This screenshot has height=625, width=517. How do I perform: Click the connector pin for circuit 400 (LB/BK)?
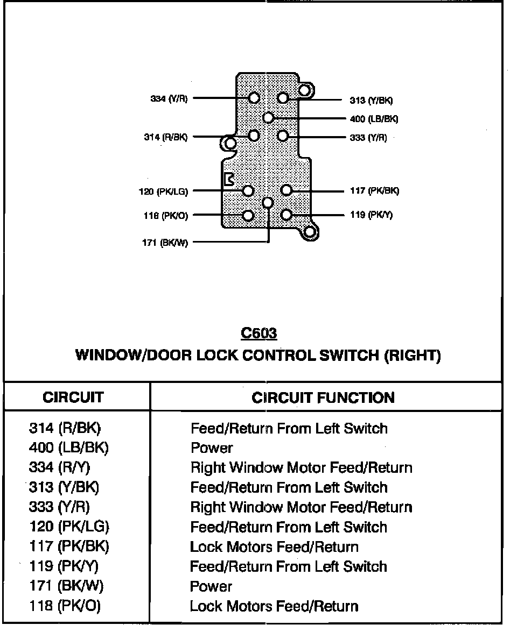(x=268, y=118)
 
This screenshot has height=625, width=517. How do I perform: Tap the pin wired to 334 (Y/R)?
(x=255, y=98)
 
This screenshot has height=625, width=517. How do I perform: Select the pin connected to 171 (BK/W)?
(x=268, y=202)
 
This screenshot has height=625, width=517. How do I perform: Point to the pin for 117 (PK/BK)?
(x=287, y=190)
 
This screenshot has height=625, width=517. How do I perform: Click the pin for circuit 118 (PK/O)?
(x=248, y=216)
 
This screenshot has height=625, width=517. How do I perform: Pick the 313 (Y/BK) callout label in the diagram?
(x=372, y=100)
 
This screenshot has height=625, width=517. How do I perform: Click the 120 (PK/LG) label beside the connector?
(x=163, y=191)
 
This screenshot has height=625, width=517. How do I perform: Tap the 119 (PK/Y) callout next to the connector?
(x=371, y=215)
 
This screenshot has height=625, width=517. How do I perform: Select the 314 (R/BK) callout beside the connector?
(x=166, y=137)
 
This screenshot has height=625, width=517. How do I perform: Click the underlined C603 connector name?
(x=258, y=333)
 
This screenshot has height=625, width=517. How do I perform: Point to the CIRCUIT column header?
(x=73, y=397)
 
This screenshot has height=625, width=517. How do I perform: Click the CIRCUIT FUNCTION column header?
(x=323, y=397)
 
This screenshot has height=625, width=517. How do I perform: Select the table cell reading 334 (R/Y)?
(x=60, y=467)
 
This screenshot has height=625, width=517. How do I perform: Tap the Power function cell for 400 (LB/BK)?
(x=212, y=448)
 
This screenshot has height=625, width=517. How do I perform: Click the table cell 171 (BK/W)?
(x=66, y=586)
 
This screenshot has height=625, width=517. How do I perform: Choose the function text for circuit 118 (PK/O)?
(x=274, y=606)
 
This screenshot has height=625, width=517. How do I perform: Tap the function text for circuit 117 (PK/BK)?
(x=274, y=547)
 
